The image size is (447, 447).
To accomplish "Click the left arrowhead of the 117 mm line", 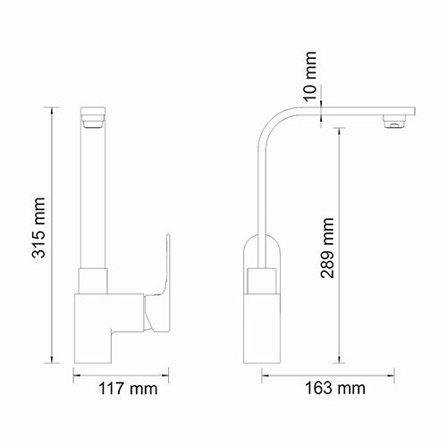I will pyautogui.click(x=74, y=373).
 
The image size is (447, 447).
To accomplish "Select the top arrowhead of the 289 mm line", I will pyautogui.click(x=339, y=128).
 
